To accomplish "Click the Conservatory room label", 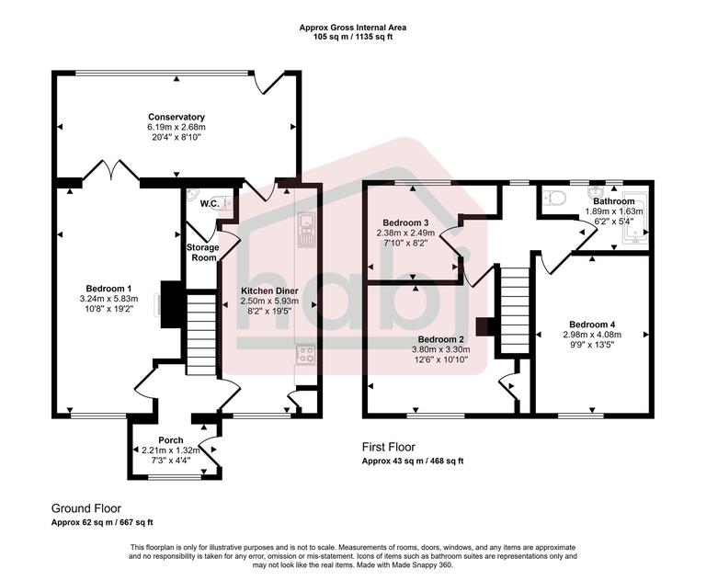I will pyautogui.click(x=176, y=117).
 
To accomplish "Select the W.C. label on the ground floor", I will pyautogui.click(x=196, y=205).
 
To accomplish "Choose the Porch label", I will pyautogui.click(x=171, y=440).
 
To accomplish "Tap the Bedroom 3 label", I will pyautogui.click(x=405, y=223).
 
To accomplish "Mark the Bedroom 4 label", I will pyautogui.click(x=592, y=325).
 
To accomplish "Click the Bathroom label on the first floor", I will pyautogui.click(x=613, y=200).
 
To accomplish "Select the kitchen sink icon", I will pyautogui.click(x=305, y=230).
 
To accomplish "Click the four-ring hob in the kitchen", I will pyautogui.click(x=305, y=354).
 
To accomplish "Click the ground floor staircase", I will pyautogui.click(x=200, y=332).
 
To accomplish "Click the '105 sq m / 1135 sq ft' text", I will pyautogui.click(x=353, y=38).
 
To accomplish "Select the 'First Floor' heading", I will pyautogui.click(x=394, y=447).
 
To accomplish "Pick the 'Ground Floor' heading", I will pyautogui.click(x=85, y=507).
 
